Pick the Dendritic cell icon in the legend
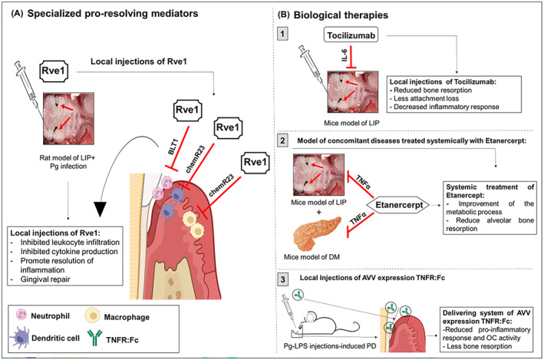tap(27, 338)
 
